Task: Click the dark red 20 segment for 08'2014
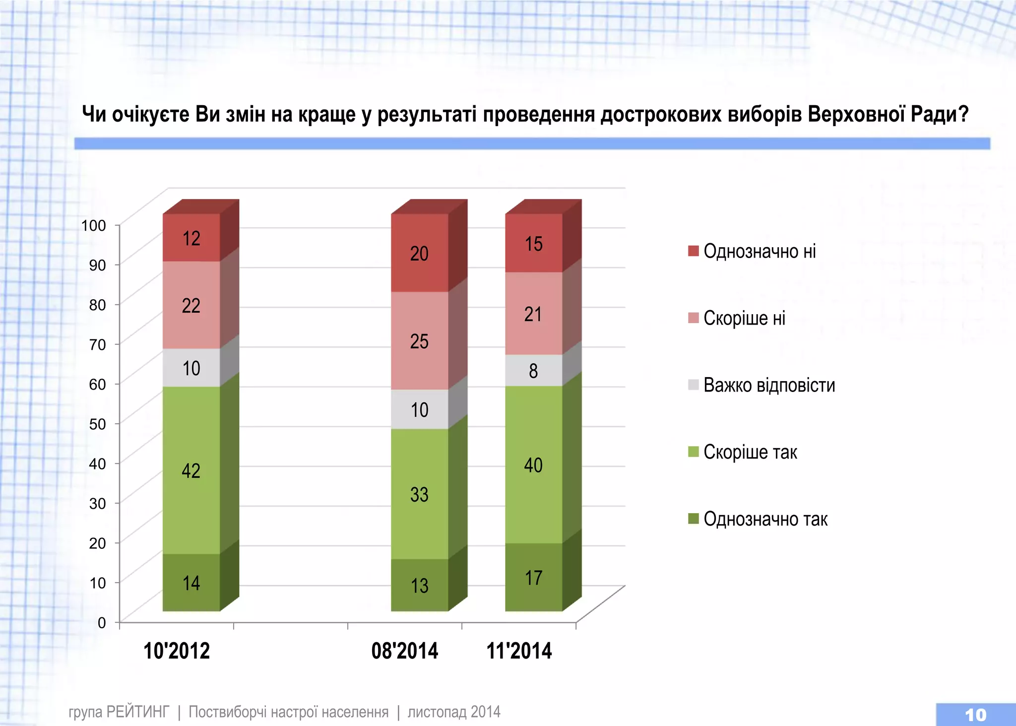click(420, 253)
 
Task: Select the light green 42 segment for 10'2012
click(191, 470)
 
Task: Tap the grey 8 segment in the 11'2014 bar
click(534, 370)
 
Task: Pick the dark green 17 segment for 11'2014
click(534, 577)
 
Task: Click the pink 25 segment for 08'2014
click(420, 341)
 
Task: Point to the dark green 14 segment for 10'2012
click(191, 583)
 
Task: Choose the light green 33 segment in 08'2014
click(420, 494)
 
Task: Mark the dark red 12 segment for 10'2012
click(191, 238)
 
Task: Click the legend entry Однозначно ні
click(759, 251)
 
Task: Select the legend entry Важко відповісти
click(769, 385)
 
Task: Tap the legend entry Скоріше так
click(750, 452)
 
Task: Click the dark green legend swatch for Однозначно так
click(694, 519)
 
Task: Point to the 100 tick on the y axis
click(94, 225)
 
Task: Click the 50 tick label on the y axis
click(97, 424)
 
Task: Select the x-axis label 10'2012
click(177, 651)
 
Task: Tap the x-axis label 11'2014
click(519, 651)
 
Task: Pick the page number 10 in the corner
click(975, 715)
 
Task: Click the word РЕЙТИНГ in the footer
click(138, 712)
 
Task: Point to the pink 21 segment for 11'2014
click(534, 314)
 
